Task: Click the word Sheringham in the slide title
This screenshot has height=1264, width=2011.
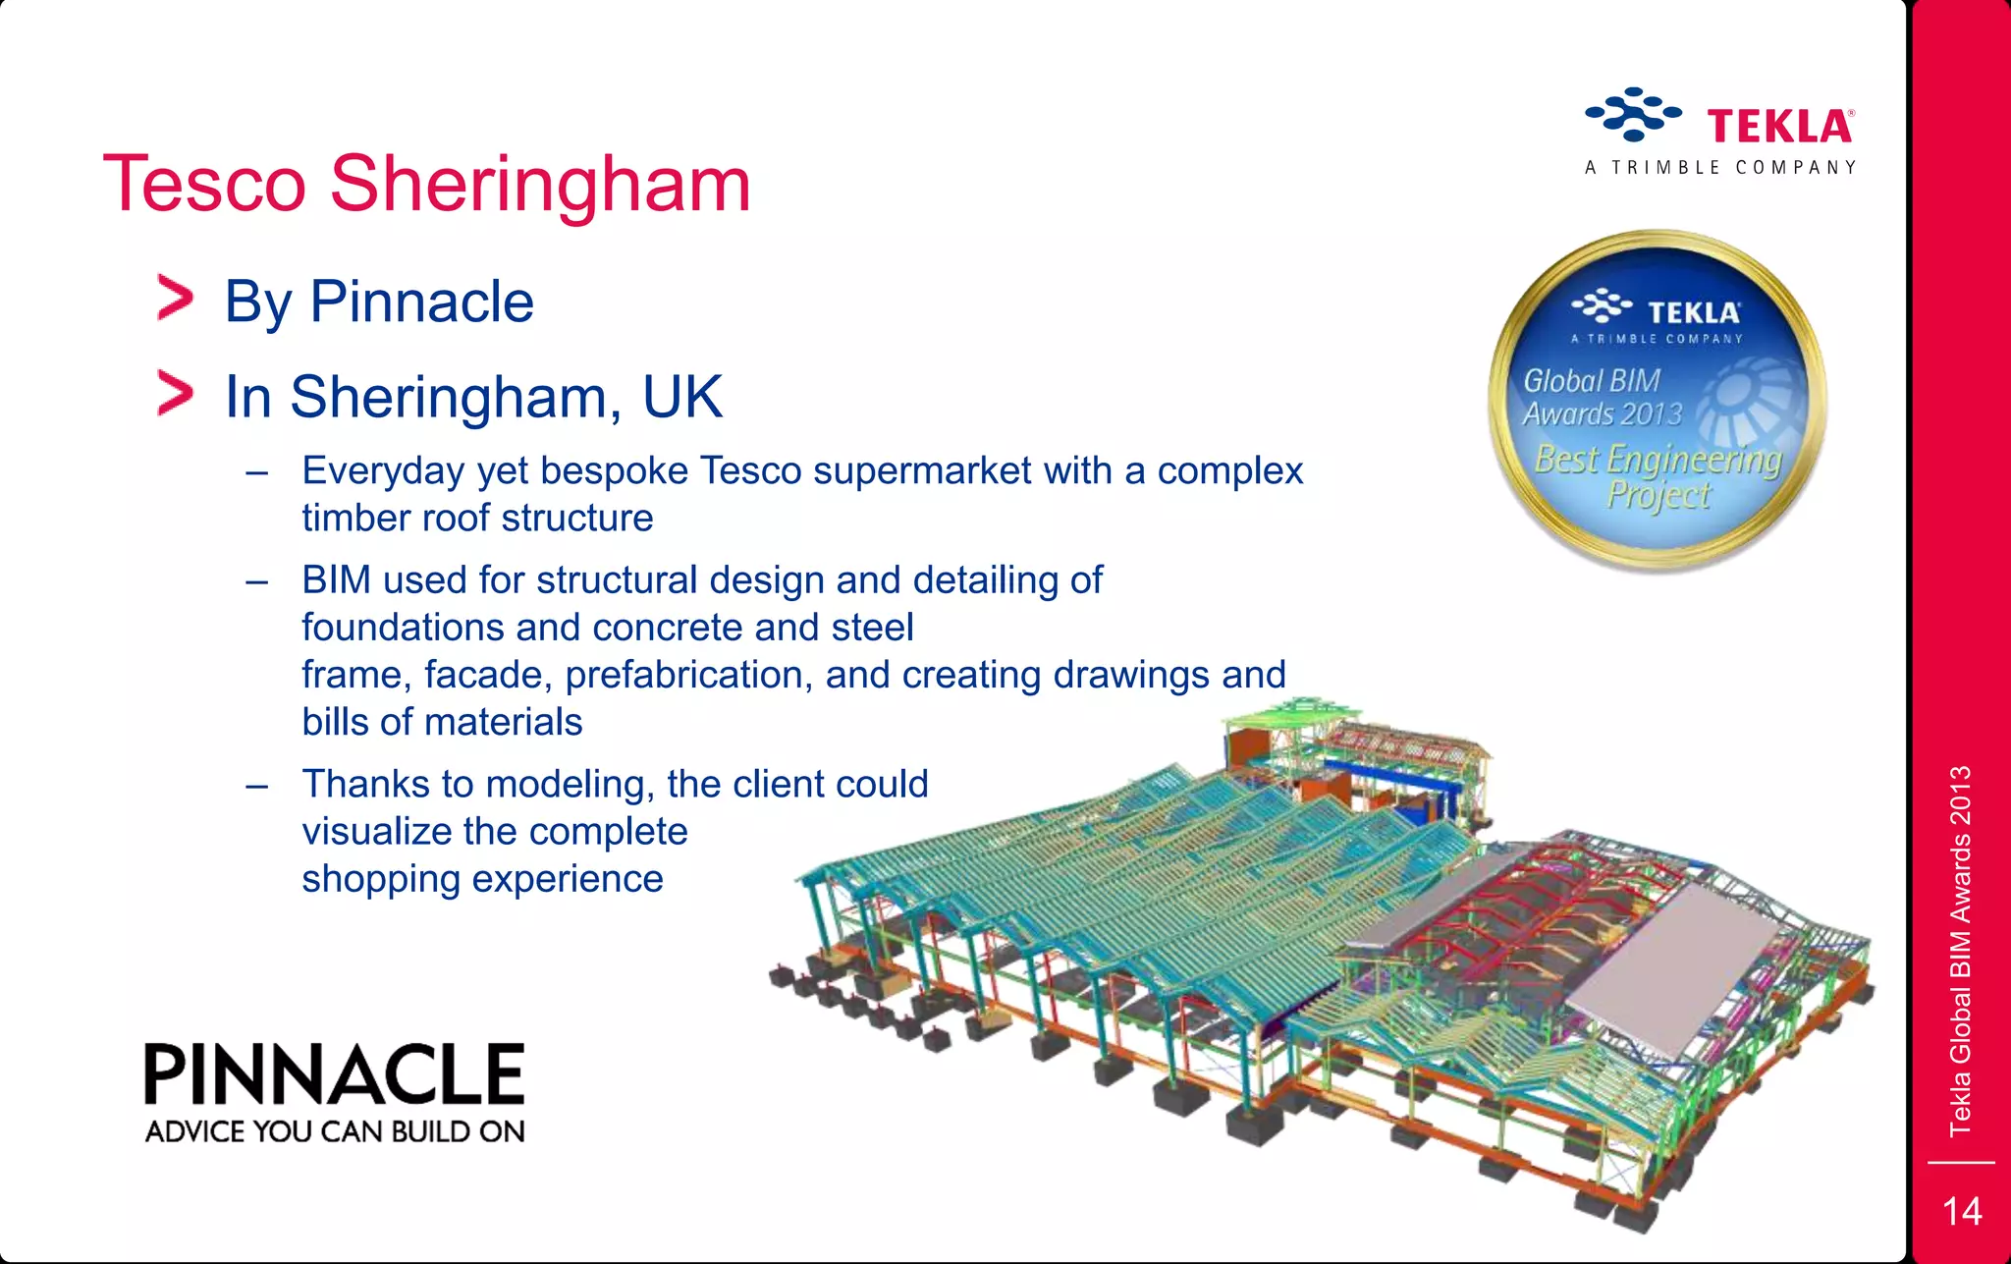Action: tap(540, 185)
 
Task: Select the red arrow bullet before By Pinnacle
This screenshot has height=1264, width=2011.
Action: tap(176, 299)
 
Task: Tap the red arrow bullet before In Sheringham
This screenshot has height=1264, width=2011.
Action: tap(176, 394)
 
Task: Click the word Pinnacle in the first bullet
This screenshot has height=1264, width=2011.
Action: tap(421, 302)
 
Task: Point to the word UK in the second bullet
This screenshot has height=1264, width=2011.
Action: tap(682, 397)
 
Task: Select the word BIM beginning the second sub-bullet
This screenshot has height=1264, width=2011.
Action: tap(336, 579)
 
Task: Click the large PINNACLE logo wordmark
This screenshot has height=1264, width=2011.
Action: tap(334, 1074)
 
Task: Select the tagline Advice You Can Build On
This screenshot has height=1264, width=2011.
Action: tap(335, 1131)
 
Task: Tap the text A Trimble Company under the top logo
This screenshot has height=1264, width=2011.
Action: tap(1720, 168)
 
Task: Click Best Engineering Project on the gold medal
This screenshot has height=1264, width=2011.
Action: tap(1658, 476)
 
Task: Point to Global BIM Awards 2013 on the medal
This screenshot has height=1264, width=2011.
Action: tap(1602, 397)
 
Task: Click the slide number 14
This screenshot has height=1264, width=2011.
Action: tap(1962, 1211)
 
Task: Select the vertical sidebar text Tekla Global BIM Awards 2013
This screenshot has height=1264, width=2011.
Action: tap(1960, 951)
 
